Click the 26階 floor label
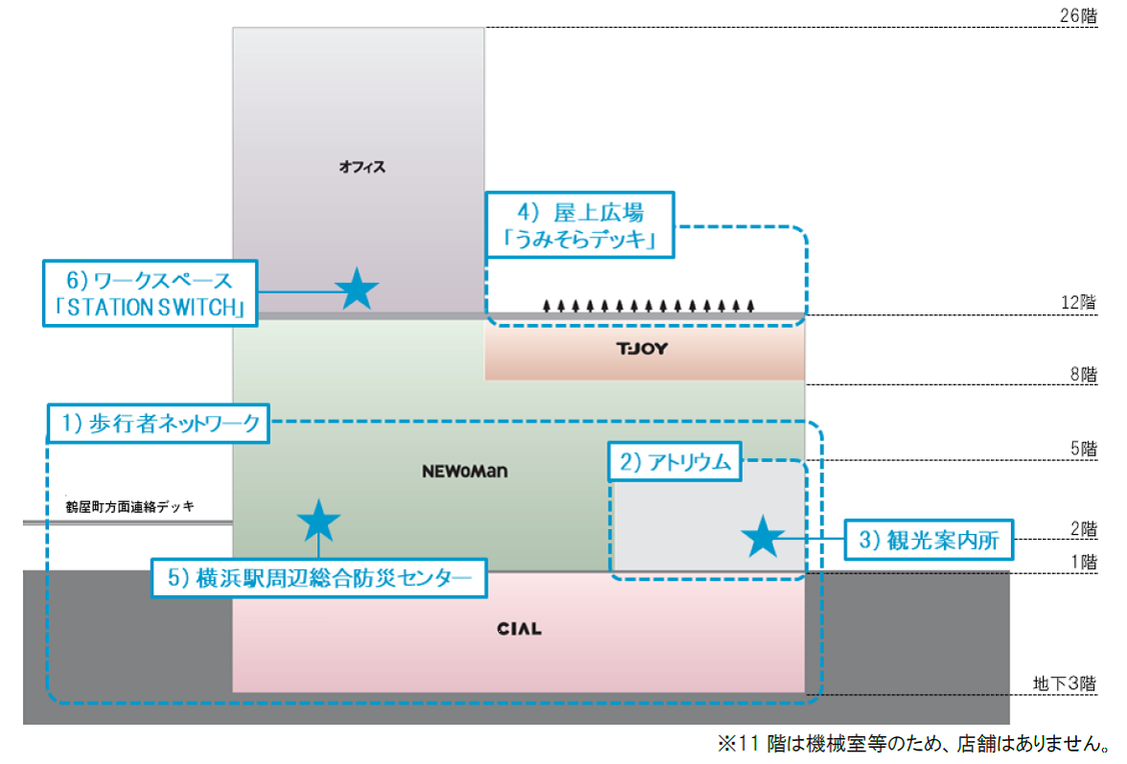1081,16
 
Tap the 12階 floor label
1081,303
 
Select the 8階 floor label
1085,375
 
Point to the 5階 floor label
1085,448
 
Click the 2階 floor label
1085,528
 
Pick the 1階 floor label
1085,563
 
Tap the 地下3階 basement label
1065,683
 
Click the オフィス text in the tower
362,167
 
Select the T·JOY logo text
642,349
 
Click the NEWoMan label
464,472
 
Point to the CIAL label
518,629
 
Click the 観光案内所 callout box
928,541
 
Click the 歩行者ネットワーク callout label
158,424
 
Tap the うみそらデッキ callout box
580,226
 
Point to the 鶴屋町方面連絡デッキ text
125,506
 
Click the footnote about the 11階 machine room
914,743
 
